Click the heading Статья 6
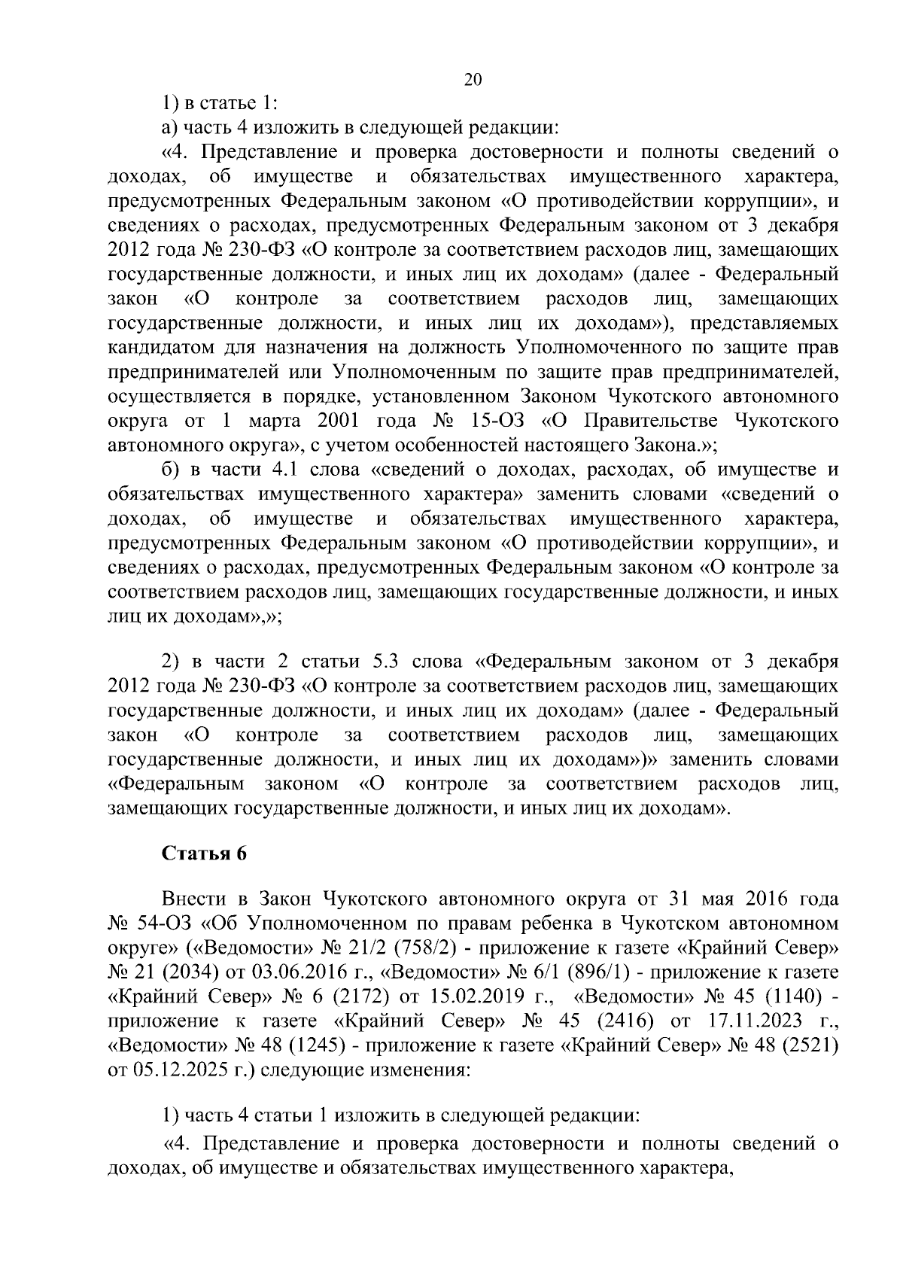[x=205, y=854]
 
